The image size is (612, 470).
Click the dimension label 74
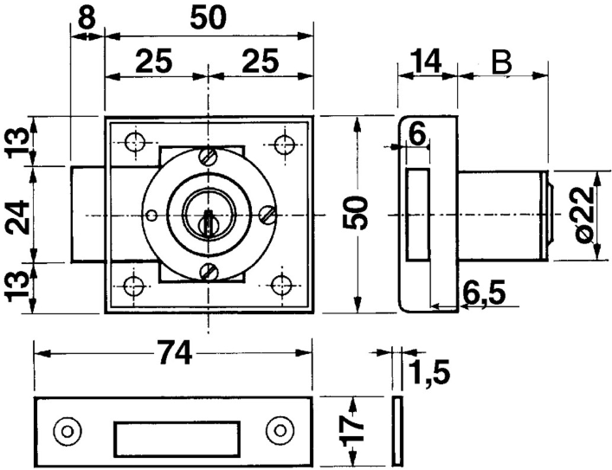(174, 353)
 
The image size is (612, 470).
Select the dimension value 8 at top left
(85, 17)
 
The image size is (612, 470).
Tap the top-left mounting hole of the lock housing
(133, 142)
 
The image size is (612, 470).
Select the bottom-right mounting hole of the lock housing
(281, 285)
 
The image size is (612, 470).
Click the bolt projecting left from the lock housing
(87, 214)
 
